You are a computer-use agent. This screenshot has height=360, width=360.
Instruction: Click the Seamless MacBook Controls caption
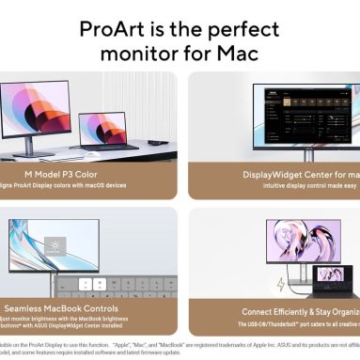click(x=75, y=307)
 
